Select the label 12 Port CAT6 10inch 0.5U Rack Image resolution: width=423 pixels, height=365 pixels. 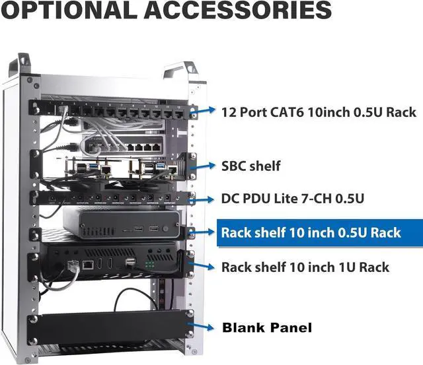pyautogui.click(x=319, y=112)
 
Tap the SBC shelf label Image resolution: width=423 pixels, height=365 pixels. pyautogui.click(x=251, y=166)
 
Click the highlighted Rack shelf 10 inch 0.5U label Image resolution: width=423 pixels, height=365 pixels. pyautogui.click(x=311, y=232)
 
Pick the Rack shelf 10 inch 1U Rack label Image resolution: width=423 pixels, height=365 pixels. pyautogui.click(x=305, y=267)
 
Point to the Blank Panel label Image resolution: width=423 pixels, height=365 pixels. pyautogui.click(x=266, y=327)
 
